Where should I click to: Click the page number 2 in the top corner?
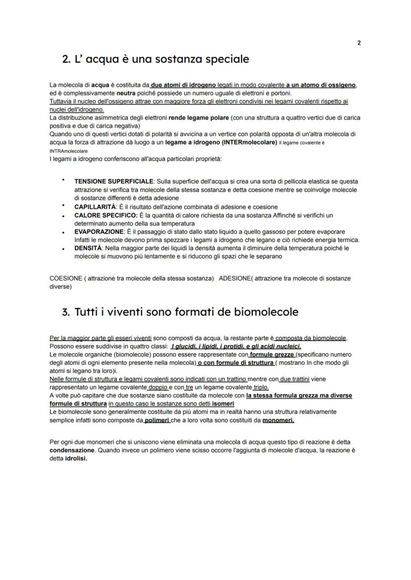pos(359,43)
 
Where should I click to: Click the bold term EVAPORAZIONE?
pos(98,232)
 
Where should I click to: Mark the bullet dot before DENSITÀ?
pos(64,248)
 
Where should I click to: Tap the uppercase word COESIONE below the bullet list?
pos(66,278)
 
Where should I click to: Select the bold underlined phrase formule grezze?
pos(272,355)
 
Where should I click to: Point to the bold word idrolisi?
pos(76,458)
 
